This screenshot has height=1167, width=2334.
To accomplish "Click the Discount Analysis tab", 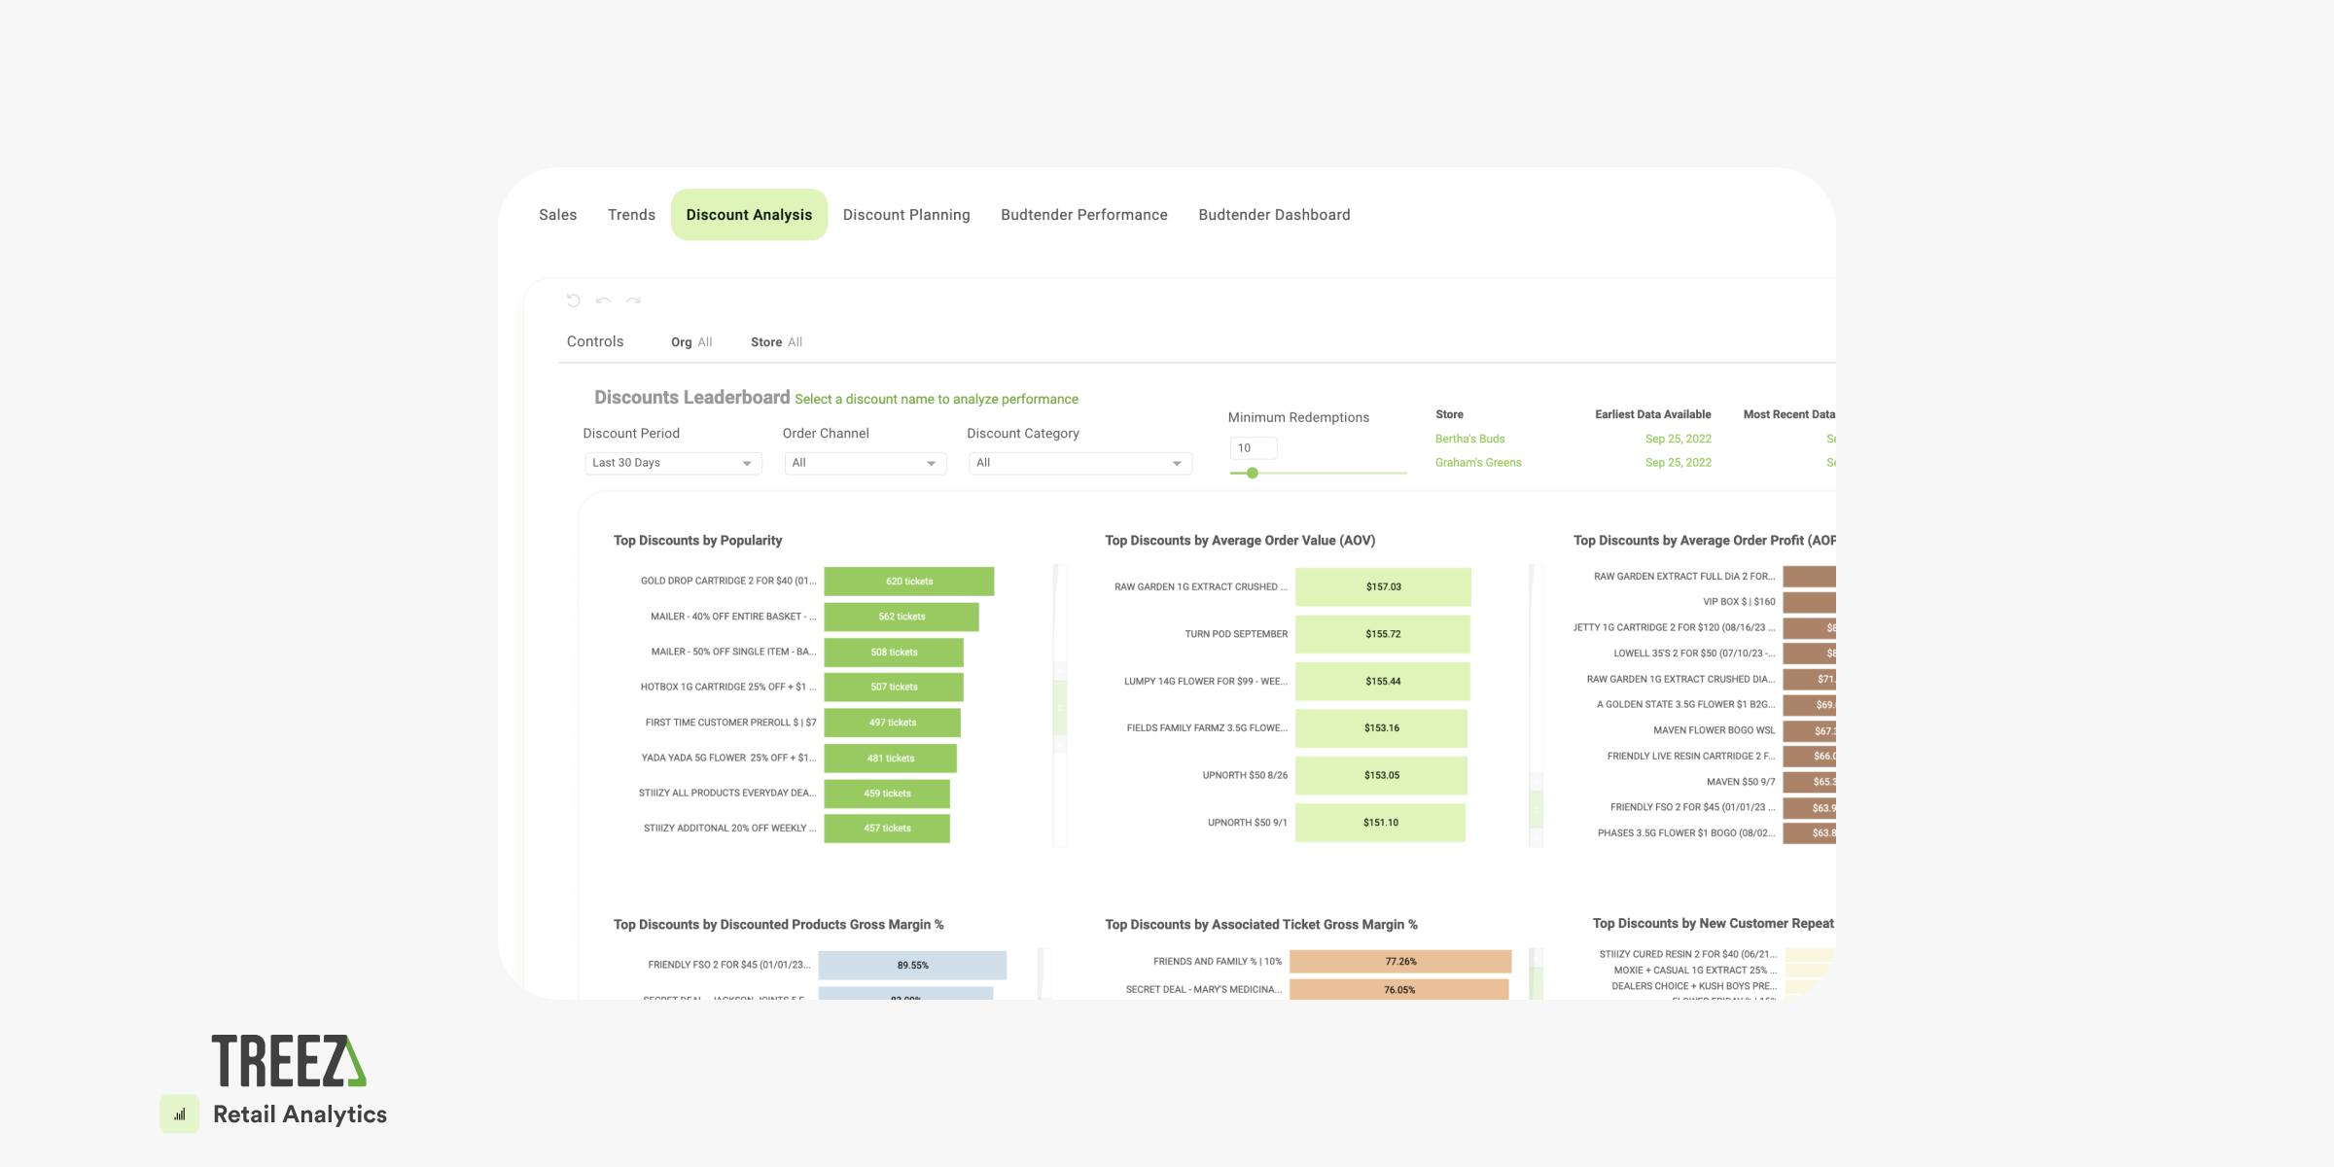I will (749, 215).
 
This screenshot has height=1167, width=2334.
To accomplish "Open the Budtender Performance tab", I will (1083, 215).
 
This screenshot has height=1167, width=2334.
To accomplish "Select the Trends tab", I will (631, 215).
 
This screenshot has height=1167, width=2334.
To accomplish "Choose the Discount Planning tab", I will (905, 215).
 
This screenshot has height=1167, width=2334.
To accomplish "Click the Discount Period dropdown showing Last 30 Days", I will (672, 463).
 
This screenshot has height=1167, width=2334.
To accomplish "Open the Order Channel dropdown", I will (865, 463).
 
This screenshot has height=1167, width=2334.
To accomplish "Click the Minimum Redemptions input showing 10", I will (1253, 448).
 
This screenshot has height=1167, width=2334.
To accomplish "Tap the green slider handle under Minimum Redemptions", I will (1253, 473).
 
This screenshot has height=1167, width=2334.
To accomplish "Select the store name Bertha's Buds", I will (1469, 439).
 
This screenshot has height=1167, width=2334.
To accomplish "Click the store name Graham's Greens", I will (1478, 463).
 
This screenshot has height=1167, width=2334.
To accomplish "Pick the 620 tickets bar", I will (908, 582).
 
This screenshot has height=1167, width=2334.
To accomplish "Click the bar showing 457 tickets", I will (886, 829).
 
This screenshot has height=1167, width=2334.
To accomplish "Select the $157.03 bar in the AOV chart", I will (1383, 587).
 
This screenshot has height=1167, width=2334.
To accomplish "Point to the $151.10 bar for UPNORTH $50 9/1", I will (1380, 823).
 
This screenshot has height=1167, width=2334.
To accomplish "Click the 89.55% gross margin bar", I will (912, 966).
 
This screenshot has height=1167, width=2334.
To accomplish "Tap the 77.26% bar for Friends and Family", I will (1400, 962).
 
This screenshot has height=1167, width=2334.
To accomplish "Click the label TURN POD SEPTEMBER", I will (1235, 634).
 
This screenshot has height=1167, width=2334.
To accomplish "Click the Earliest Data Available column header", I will (1652, 414).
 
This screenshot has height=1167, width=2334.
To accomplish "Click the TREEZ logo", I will (289, 1060).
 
